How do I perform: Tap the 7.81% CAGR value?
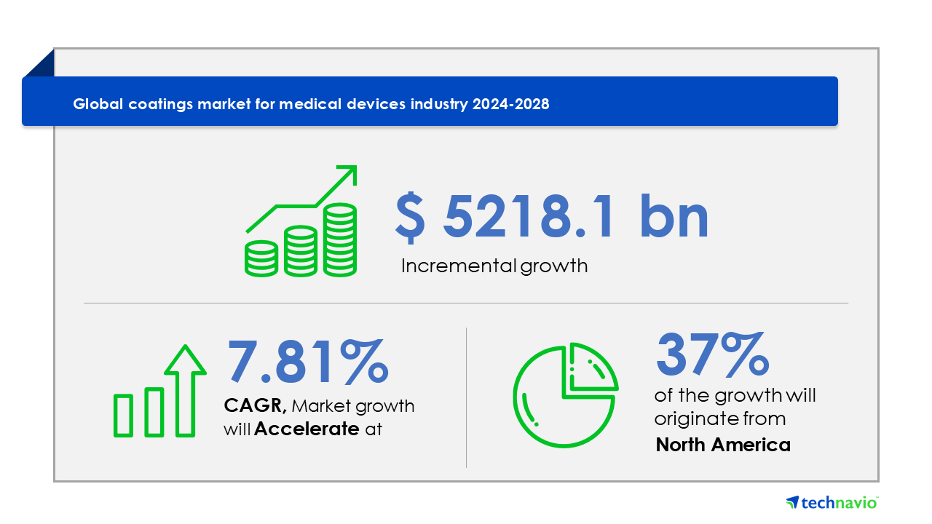coord(307,361)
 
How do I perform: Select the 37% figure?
coord(712,354)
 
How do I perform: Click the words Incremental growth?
coord(494,266)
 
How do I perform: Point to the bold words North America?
coord(723,445)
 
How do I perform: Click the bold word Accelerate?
coord(307,429)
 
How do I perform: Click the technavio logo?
coord(832,502)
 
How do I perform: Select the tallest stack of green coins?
coord(340,240)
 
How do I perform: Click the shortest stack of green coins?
coord(261,258)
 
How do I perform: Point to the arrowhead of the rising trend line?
coord(348,173)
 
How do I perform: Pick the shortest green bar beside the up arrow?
coord(123,416)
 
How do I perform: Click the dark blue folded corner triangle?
coord(42,65)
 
